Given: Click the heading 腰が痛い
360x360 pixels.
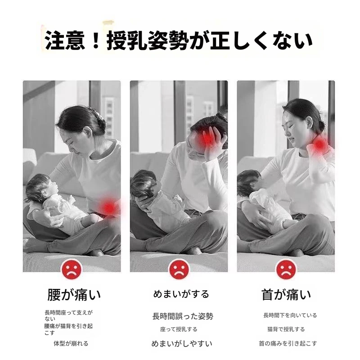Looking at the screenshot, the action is click(74, 295).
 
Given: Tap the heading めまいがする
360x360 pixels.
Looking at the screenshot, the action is click(181, 294).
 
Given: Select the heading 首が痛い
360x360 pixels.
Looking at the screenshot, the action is click(286, 295).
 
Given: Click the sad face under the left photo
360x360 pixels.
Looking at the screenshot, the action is click(72, 269).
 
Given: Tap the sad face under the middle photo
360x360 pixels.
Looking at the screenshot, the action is click(179, 269).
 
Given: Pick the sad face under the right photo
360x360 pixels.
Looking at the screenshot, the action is click(286, 269).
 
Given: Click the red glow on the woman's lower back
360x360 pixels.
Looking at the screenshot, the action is click(109, 207).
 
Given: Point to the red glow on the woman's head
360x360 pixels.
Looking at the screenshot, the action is click(207, 138).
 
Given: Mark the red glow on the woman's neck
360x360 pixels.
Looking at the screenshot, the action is click(319, 144).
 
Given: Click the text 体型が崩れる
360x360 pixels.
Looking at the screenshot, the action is click(71, 343).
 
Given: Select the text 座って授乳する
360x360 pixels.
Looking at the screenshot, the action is click(179, 329).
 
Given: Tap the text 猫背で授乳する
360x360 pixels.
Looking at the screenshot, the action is click(286, 329).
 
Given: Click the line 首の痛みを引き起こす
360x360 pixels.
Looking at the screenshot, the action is click(288, 343).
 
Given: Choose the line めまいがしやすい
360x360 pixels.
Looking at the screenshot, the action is click(182, 344).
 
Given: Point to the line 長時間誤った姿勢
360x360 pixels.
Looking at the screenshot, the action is click(183, 316).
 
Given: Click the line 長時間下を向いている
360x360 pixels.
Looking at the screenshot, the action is click(290, 315).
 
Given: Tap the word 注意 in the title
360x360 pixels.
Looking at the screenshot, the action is click(65, 40).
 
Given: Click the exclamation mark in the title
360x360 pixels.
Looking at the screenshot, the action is click(96, 40).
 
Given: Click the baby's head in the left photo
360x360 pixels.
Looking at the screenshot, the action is click(39, 188).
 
